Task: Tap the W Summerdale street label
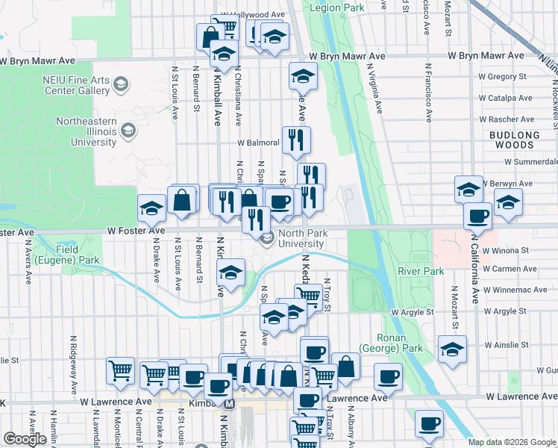tap(530, 161)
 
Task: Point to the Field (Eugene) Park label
tap(78, 255)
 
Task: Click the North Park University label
tap(311, 238)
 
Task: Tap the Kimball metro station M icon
tap(230, 404)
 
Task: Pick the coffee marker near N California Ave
tap(477, 216)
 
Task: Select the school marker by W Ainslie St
tap(451, 349)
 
